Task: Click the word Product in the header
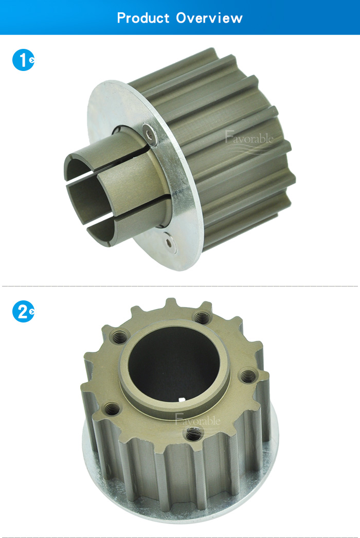[x=143, y=17]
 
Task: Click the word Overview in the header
[x=209, y=17]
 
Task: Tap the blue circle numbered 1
[x=23, y=60]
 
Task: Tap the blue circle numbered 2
[x=23, y=312]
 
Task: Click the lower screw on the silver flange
[x=169, y=243]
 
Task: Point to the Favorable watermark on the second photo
[x=197, y=420]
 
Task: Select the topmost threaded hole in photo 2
[x=201, y=317]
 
